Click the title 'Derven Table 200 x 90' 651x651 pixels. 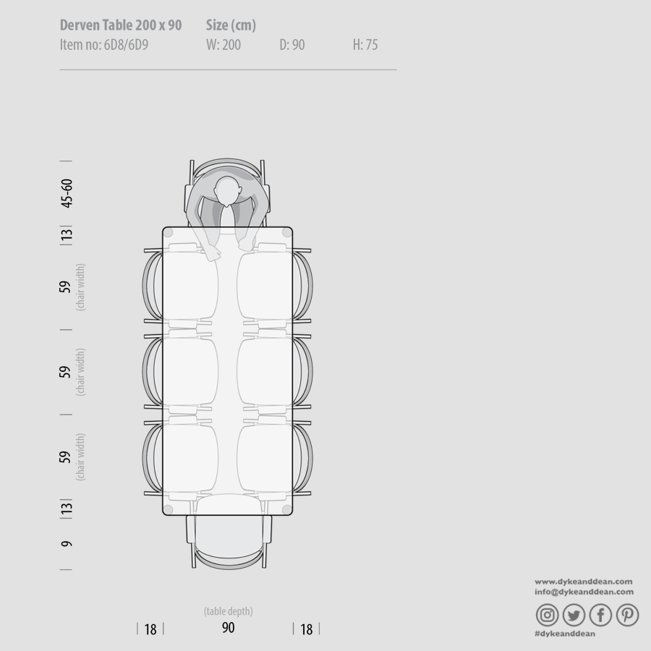(x=121, y=25)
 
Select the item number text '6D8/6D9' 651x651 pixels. (x=126, y=45)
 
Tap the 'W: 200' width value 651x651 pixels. (x=224, y=45)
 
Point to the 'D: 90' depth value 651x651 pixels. (x=292, y=45)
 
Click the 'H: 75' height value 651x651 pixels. (x=365, y=45)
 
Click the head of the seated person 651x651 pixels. (x=228, y=191)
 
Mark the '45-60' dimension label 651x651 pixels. (x=67, y=193)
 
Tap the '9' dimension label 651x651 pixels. (x=67, y=544)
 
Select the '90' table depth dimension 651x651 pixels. (x=228, y=628)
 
